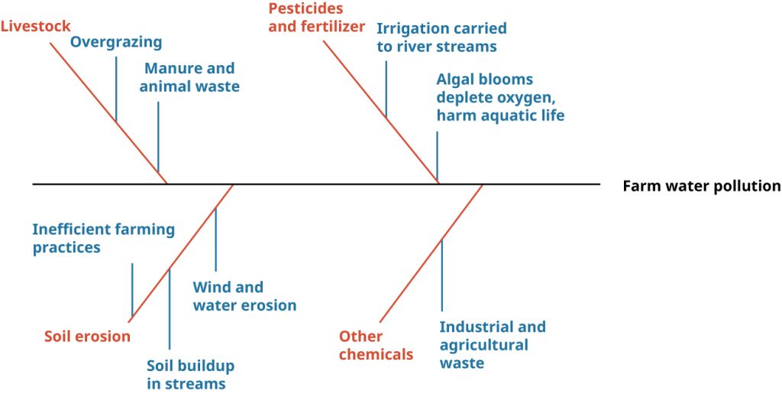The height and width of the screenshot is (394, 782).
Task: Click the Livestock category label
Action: coord(36,26)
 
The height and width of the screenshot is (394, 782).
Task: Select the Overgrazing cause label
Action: coord(116,43)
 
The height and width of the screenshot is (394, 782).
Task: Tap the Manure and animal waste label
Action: coord(189,77)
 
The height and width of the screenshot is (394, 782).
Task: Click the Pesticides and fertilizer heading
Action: coord(317,18)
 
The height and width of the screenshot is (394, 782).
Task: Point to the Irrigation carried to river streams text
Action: coord(441,37)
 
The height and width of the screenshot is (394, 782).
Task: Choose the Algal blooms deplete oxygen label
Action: coord(500,97)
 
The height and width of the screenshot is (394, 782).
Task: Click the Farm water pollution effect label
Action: coord(701,186)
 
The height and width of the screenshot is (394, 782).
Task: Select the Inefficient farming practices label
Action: coord(104,239)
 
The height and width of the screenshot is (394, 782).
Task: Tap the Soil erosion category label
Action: coord(87,336)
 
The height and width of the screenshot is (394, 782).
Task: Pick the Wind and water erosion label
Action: coord(244,296)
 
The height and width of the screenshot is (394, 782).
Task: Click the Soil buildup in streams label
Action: coord(190,375)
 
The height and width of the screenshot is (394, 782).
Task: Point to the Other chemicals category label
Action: coord(376,346)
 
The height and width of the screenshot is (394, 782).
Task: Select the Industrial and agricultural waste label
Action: coord(493,344)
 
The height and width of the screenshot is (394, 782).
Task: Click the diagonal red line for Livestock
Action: coord(108,113)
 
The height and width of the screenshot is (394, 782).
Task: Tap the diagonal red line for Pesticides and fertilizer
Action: coord(381,112)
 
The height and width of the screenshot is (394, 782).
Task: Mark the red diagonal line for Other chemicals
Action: coord(431,254)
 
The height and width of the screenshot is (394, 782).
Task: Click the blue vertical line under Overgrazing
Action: coord(116,89)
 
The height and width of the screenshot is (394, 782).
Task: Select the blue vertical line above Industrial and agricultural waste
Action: coord(441,275)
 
